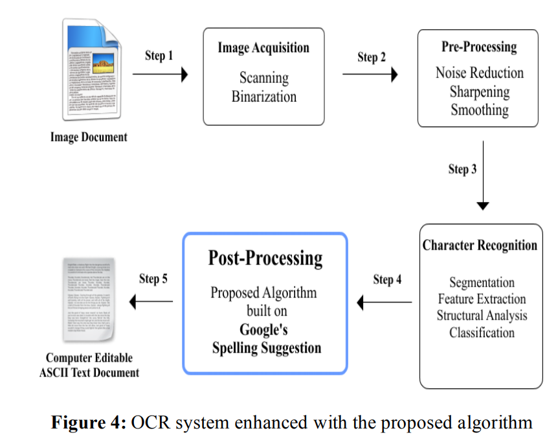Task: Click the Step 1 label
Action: click(159, 56)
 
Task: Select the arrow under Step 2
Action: click(370, 75)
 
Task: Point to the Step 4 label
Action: click(387, 280)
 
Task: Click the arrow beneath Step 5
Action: click(151, 301)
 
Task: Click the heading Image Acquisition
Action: click(263, 48)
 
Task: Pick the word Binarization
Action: click(264, 97)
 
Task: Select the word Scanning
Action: click(264, 78)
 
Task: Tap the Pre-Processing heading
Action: click(479, 47)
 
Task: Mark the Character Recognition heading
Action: click(480, 246)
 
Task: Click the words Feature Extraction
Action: click(482, 299)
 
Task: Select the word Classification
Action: click(482, 333)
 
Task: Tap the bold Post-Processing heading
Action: click(265, 258)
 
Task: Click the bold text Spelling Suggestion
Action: click(266, 348)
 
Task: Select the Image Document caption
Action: click(89, 137)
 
